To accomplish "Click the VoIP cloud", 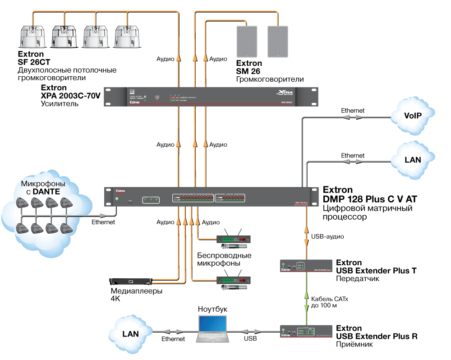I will pos(413,116).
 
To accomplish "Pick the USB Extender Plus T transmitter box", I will pos(305,267).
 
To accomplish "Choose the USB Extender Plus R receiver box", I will pos(305,332).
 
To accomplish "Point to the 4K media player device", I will pos(131,281).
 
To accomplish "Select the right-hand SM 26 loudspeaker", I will pos(277,41).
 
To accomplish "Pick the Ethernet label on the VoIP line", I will pos(353,111).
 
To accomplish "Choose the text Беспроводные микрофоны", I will pos(224,259).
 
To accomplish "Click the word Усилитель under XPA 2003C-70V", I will pos(60,104).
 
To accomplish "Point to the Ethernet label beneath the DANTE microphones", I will pos(103,222).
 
